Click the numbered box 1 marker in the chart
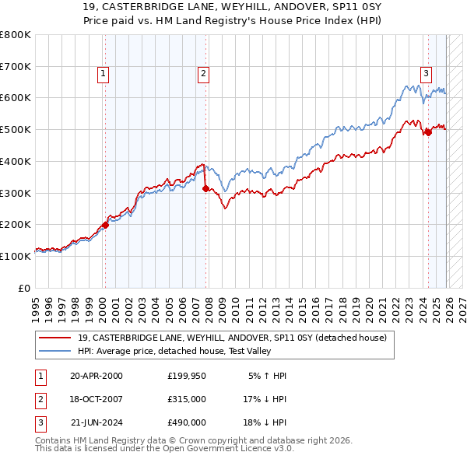104,74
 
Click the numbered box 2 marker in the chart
203,74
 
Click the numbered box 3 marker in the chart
427,74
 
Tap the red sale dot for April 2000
105,225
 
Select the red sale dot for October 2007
205,188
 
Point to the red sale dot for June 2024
428,132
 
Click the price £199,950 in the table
187,376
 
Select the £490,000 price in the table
187,422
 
